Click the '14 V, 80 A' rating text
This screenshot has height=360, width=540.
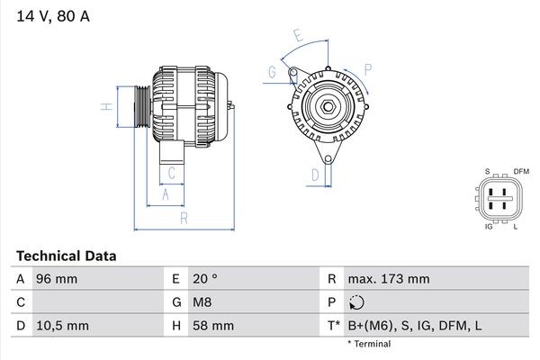[51, 16]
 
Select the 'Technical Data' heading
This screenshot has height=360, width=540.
[67, 256]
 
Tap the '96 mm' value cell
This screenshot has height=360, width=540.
[55, 279]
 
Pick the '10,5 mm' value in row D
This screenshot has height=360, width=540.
[61, 325]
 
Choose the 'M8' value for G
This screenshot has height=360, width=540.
[202, 302]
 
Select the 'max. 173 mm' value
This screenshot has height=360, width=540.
[391, 279]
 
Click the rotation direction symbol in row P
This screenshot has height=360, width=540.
[357, 302]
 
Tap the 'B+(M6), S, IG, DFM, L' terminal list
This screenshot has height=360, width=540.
[415, 325]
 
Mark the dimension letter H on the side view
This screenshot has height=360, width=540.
[106, 107]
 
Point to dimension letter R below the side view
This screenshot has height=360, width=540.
[183, 218]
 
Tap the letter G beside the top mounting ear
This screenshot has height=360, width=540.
[271, 72]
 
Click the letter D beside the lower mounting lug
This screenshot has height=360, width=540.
[316, 174]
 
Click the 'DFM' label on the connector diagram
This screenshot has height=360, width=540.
[520, 171]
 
